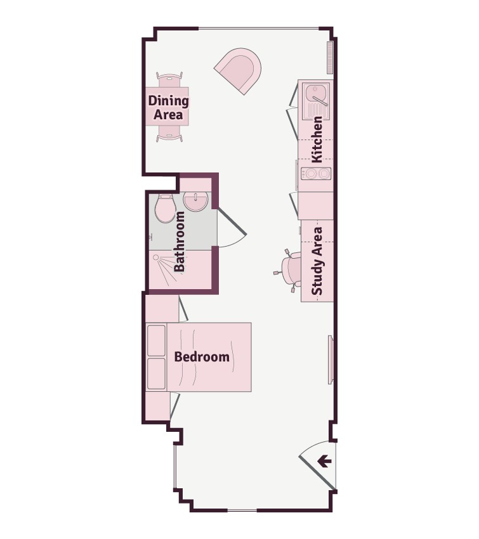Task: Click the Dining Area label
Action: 168,108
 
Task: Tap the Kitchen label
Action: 317,140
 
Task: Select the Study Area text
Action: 317,261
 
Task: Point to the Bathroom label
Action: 179,242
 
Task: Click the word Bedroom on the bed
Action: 202,357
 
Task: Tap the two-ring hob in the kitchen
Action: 316,174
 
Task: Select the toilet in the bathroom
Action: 165,209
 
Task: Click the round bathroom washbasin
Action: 195,201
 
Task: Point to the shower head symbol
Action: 156,257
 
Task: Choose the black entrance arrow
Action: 324,461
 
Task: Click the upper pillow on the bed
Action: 156,341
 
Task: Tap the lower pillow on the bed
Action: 156,373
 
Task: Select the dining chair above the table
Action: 169,80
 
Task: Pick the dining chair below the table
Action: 169,134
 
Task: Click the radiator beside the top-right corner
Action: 331,58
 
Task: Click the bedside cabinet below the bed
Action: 158,406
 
